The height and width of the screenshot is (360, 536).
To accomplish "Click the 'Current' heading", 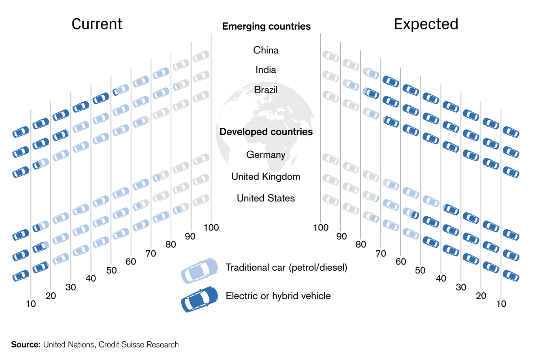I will tap(97, 24).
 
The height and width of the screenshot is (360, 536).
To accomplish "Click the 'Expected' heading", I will tap(426, 24).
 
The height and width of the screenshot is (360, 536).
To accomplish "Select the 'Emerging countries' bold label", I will tap(266, 26).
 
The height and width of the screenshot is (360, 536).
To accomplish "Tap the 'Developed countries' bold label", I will tap(266, 132).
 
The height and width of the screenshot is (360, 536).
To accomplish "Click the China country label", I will tap(266, 50).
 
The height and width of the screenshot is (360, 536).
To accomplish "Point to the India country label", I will tap(266, 70).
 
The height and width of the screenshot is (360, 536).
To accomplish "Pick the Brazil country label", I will tap(266, 90).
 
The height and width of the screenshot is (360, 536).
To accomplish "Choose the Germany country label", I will tap(266, 155).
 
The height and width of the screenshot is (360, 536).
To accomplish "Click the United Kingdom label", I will tap(266, 177).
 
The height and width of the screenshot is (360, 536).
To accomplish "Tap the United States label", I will tap(266, 198).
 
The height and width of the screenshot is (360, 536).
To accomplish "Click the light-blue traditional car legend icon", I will tap(199, 270).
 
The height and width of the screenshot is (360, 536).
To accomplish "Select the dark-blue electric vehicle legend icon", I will tap(199, 299).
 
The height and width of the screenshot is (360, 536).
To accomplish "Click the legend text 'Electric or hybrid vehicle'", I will tap(278, 296).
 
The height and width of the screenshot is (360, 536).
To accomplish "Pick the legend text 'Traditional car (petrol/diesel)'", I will tap(286, 268).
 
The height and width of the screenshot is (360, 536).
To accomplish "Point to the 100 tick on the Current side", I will tap(211, 228).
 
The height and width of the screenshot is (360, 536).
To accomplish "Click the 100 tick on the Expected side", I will tap(321, 228).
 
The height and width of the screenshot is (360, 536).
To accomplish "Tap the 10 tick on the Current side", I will tap(31, 304).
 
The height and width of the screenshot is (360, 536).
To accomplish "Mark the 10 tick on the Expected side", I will tap(501, 304).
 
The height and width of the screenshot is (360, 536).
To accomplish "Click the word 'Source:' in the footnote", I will tap(26, 345).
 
